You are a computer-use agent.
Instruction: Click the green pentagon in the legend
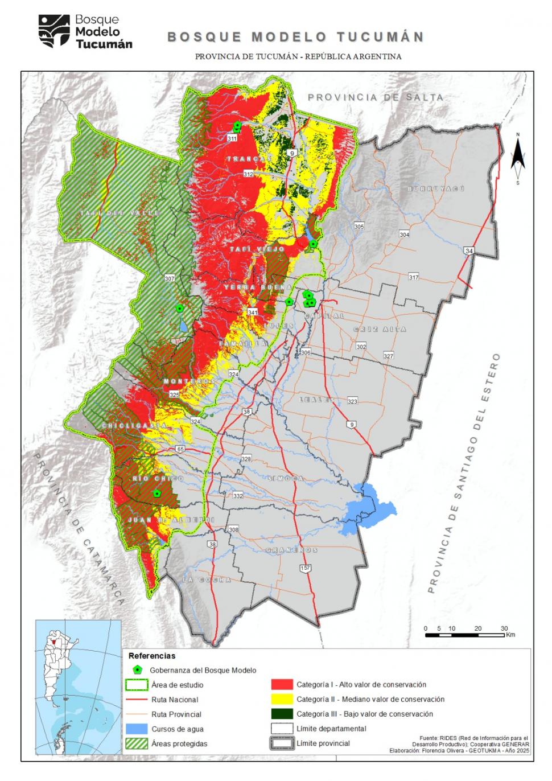[137, 670]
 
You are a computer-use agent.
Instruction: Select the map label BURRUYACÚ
[436, 188]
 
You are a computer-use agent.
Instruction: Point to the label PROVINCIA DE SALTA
[375, 97]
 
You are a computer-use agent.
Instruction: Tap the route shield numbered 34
[468, 250]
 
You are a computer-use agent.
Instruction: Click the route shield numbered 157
[306, 568]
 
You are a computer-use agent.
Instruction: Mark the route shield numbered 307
[170, 278]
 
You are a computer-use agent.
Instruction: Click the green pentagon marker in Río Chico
[157, 494]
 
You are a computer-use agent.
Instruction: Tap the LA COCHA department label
[207, 579]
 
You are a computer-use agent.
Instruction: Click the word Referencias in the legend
[152, 656]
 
